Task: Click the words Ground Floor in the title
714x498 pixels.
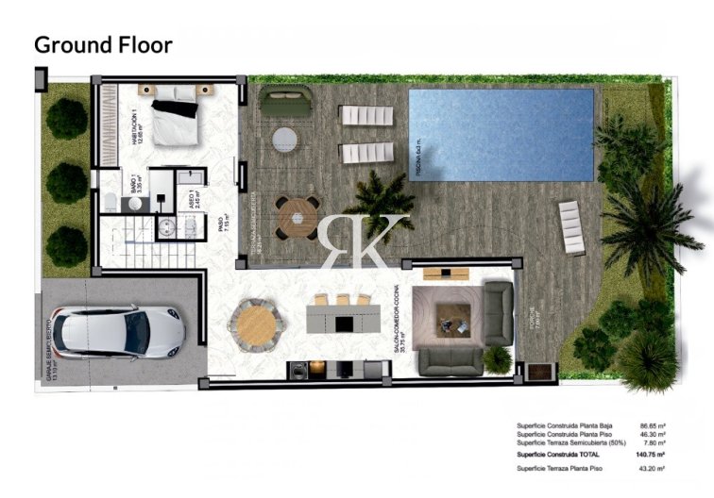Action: click(103, 44)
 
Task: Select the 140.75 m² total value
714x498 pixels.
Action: click(652, 455)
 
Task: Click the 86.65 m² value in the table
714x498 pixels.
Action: click(652, 425)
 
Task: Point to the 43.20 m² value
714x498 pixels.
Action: click(652, 469)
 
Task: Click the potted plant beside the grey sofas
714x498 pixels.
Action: click(497, 358)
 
